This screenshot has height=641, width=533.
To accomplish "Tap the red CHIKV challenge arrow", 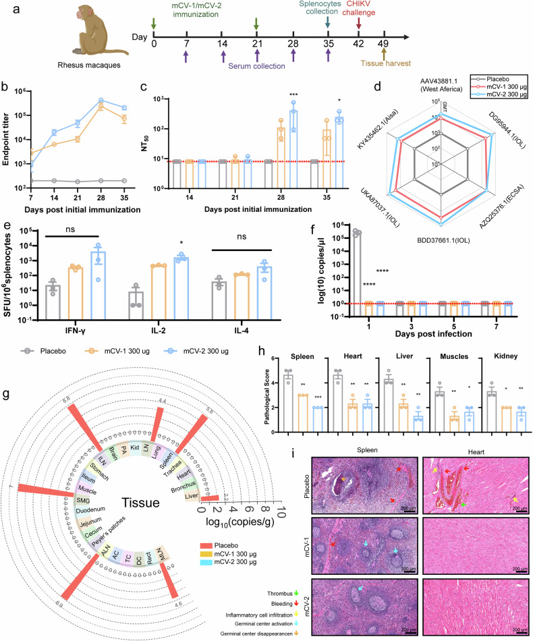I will pos(358,24).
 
